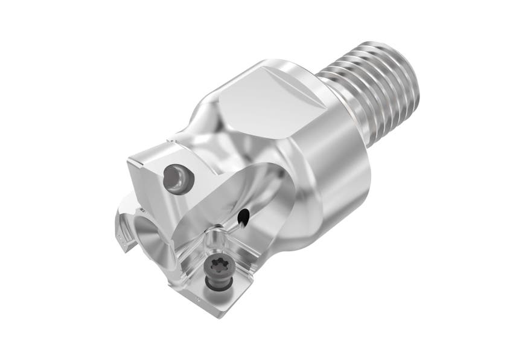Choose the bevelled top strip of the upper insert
pyautogui.click(x=151, y=151)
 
